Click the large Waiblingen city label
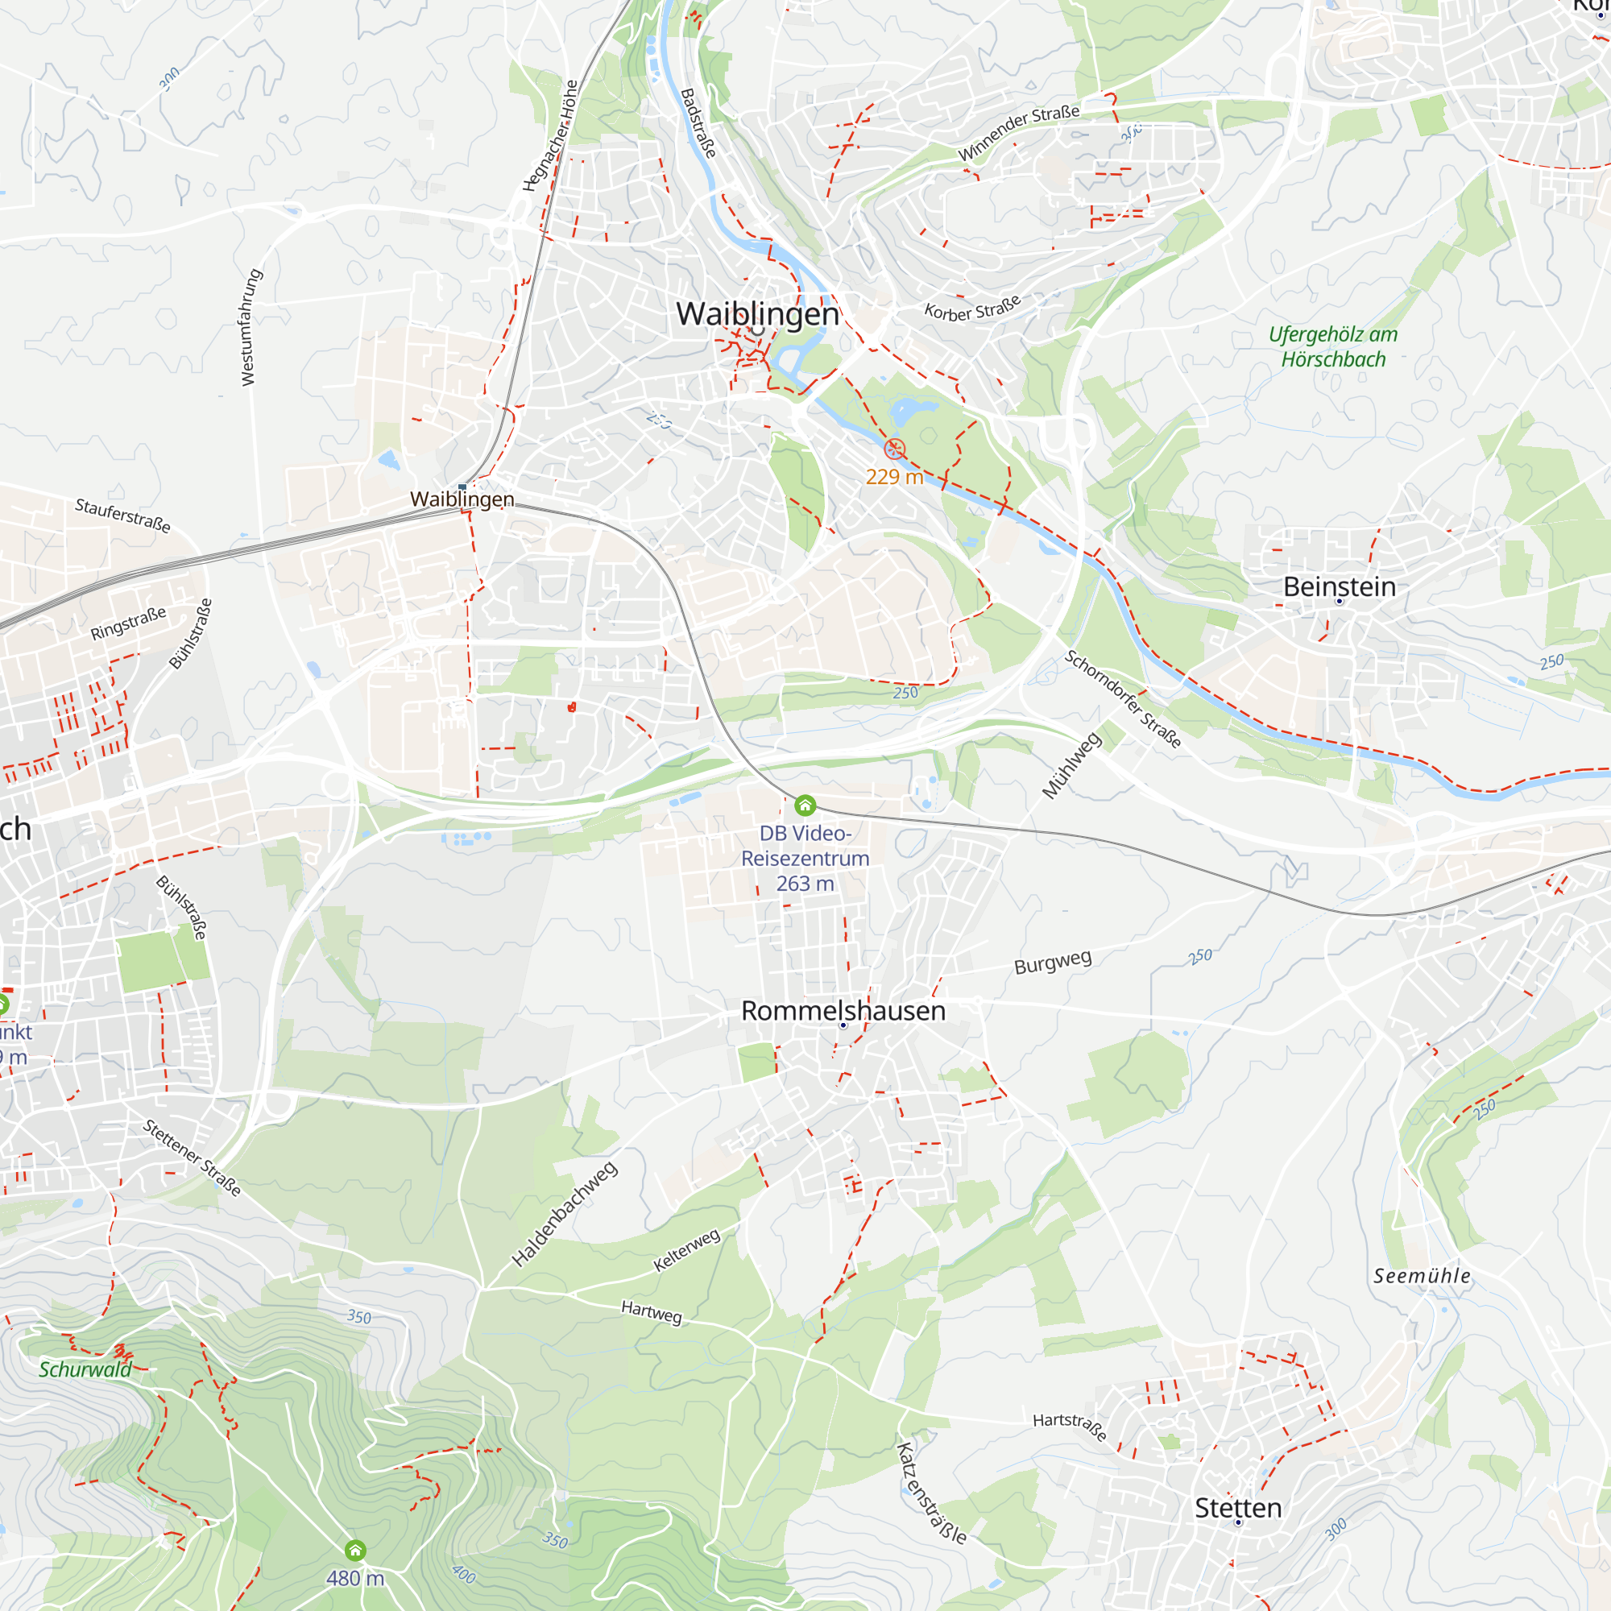(757, 313)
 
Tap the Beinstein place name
(1340, 586)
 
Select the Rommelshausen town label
(843, 1011)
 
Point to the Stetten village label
(1237, 1508)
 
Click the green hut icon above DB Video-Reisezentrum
(805, 805)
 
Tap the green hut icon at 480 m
(355, 1550)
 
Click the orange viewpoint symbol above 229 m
(894, 449)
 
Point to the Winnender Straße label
(1018, 134)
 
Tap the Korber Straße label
(972, 309)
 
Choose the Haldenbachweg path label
(565, 1214)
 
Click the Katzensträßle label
(931, 1493)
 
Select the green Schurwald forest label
(85, 1370)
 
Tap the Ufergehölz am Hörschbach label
(1332, 347)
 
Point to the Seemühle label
(1422, 1276)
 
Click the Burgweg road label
(1052, 962)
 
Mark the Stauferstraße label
(122, 516)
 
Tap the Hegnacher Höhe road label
(550, 136)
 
